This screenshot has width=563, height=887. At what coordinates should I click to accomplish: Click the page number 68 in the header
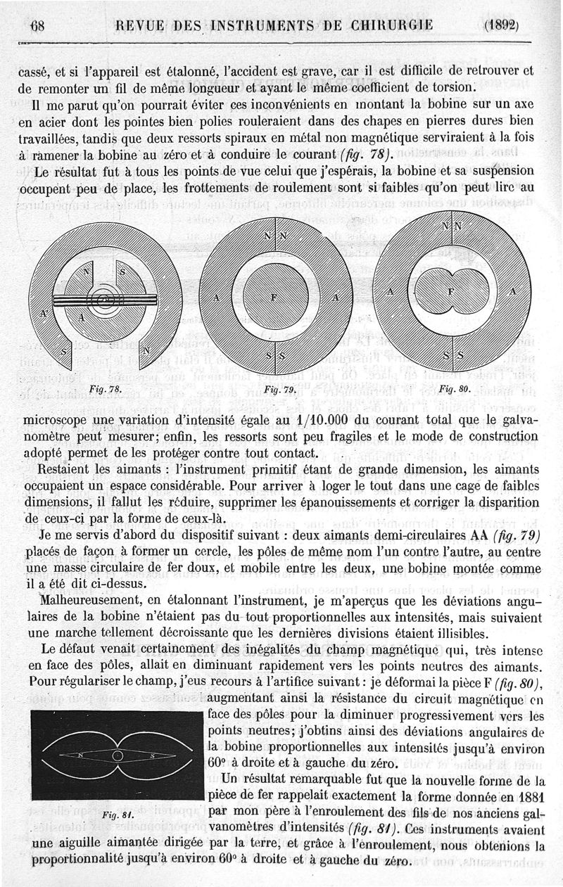[37, 27]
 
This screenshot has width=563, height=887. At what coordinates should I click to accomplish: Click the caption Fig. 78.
[105, 388]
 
